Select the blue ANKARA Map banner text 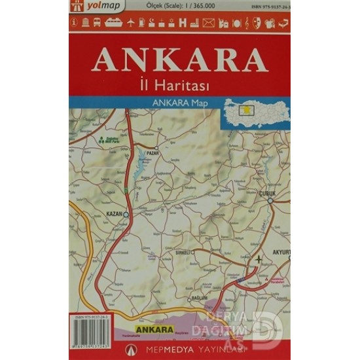pyautogui.click(x=179, y=103)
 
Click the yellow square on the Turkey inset pyautogui.click(x=248, y=109)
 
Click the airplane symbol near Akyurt pyautogui.click(x=259, y=259)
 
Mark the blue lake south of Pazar pyautogui.click(x=141, y=172)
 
